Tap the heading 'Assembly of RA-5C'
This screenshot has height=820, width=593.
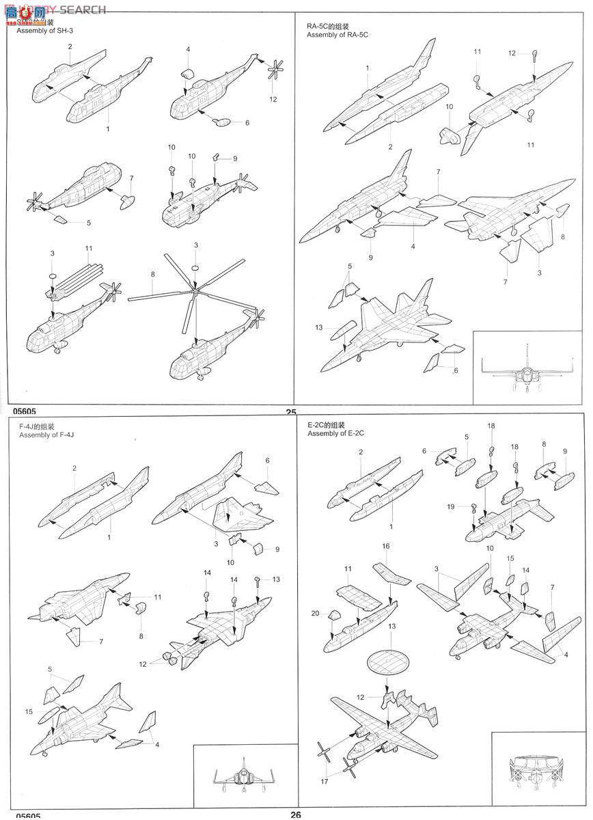pyautogui.click(x=337, y=34)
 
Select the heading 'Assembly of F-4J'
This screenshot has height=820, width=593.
pyautogui.click(x=46, y=435)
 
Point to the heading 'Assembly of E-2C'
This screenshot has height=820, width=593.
pyautogui.click(x=336, y=434)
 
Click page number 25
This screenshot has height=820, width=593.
pyautogui.click(x=291, y=412)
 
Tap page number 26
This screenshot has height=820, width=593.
pyautogui.click(x=295, y=814)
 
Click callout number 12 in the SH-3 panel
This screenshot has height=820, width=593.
pyautogui.click(x=273, y=99)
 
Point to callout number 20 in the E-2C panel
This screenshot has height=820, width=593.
pyautogui.click(x=315, y=614)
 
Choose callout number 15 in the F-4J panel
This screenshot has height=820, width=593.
pyautogui.click(x=29, y=711)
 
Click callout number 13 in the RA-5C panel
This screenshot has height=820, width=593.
pyautogui.click(x=319, y=328)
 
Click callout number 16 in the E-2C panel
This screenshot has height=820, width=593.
pyautogui.click(x=386, y=547)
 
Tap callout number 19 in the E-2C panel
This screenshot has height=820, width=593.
pyautogui.click(x=450, y=506)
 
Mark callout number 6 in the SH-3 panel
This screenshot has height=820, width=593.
pyautogui.click(x=247, y=122)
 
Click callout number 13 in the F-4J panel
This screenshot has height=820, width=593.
pyautogui.click(x=276, y=579)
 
